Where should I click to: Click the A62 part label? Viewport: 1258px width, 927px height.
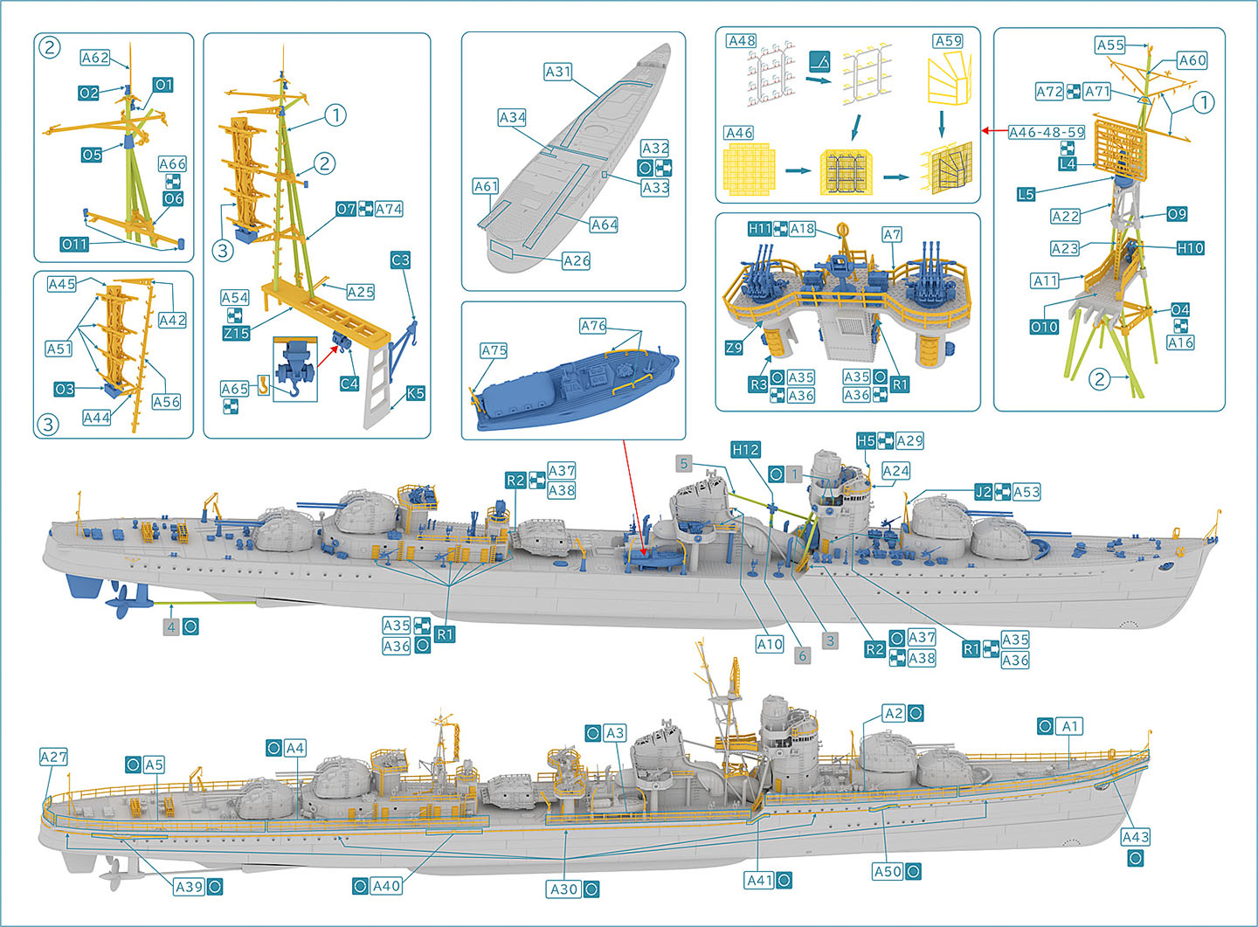click(94, 58)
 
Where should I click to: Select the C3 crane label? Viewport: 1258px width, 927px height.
click(400, 260)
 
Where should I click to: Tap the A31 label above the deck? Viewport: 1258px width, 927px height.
click(557, 72)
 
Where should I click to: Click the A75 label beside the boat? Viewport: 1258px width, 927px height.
click(494, 350)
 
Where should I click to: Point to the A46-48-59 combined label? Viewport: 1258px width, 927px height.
click(1046, 133)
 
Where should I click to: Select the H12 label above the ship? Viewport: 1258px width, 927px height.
click(745, 450)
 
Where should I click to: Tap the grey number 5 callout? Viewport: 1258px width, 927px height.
click(685, 464)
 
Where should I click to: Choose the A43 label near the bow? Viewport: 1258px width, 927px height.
click(1135, 837)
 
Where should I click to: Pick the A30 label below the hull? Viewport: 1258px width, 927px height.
click(563, 889)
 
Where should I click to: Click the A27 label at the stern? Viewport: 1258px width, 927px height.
click(53, 758)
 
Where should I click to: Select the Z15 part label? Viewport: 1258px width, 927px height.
click(236, 334)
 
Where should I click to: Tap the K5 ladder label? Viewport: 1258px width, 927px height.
click(415, 394)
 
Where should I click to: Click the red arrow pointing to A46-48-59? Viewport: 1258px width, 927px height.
click(992, 131)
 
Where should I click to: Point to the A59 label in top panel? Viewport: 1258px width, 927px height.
click(948, 41)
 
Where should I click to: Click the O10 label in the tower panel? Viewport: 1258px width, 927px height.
click(1044, 327)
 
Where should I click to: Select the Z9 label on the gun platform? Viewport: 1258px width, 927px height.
click(734, 348)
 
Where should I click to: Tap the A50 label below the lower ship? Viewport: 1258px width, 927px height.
click(887, 872)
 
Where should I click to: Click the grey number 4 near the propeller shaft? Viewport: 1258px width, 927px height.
click(171, 626)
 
